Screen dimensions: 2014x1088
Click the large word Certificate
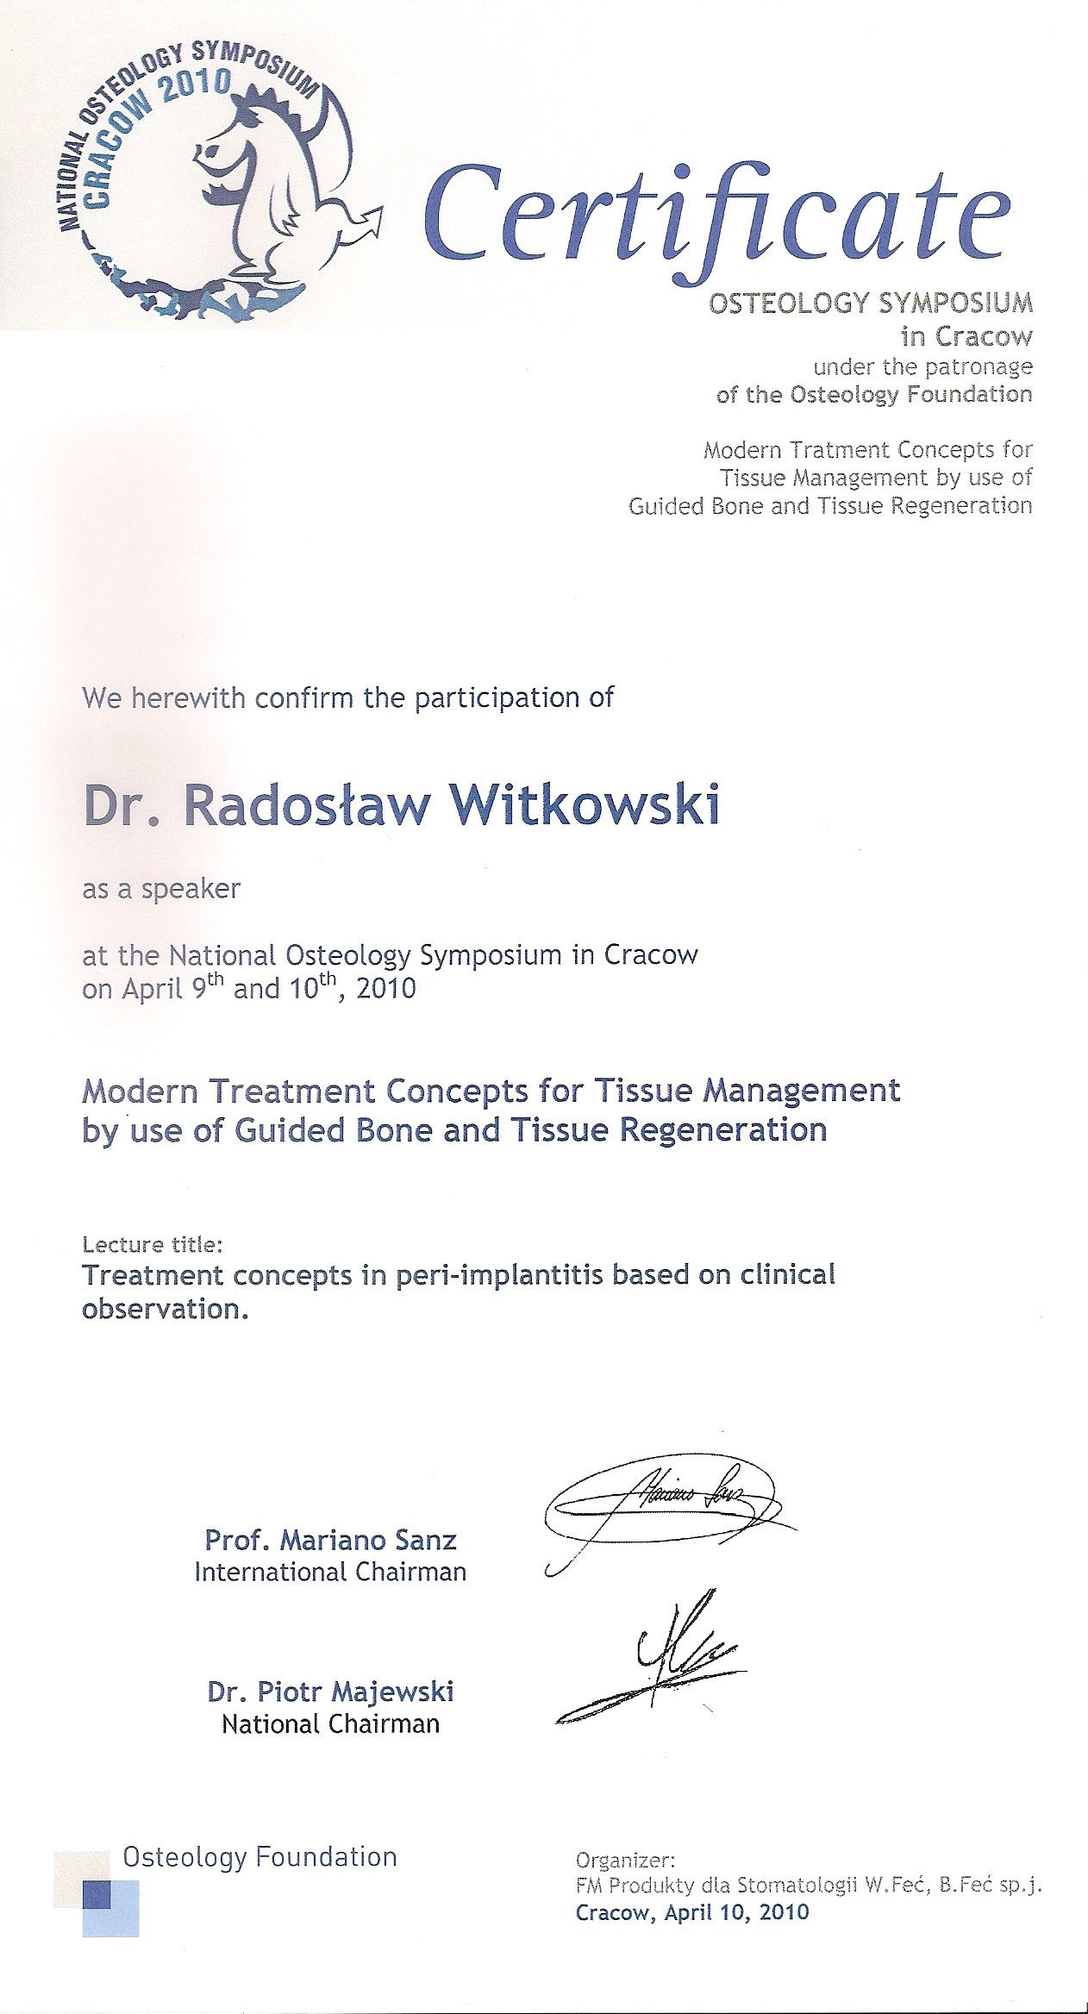coord(716,216)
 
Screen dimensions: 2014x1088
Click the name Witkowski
coord(585,805)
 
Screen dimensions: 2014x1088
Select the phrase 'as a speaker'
coord(161,889)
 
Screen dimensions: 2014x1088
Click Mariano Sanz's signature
coord(664,1504)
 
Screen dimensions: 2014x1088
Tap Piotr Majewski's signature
coord(664,1660)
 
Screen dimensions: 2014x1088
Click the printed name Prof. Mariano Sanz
coord(330,1540)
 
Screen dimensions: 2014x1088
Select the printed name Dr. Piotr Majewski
coord(330,1692)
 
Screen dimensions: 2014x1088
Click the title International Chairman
coord(330,1572)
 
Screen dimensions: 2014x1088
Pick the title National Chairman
coord(330,1723)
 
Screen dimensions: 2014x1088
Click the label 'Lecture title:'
coord(153,1244)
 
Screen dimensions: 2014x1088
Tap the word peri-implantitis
coord(499,1275)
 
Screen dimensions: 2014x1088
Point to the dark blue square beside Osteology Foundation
coord(97,1894)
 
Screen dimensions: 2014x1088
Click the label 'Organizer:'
coord(626,1860)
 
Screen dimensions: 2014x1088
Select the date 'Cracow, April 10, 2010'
coord(692,1912)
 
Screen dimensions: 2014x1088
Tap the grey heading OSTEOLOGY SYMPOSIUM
coord(870,303)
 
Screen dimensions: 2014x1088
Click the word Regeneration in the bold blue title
coord(723,1129)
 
